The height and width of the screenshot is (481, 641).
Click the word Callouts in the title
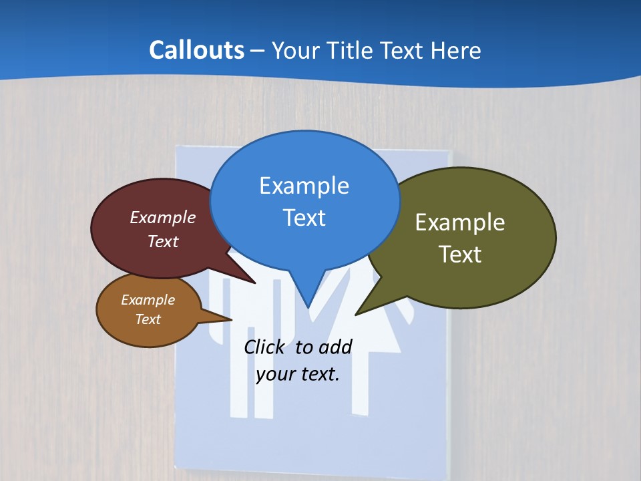coord(196,50)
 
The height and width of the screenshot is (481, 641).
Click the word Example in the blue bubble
coord(304,186)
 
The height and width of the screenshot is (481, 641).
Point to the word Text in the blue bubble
coord(304,218)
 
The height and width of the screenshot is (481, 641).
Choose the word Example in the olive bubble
coord(460,222)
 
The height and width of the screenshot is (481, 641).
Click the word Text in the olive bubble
coord(460,255)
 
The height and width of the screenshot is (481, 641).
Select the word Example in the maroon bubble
coord(163,218)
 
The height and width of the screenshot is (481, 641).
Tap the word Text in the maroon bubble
coord(163,242)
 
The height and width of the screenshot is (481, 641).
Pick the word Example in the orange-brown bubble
coord(148,300)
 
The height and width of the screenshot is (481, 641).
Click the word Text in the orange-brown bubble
coord(148,319)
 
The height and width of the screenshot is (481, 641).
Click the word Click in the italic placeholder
coord(265,347)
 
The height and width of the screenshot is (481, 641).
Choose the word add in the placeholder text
coord(335,347)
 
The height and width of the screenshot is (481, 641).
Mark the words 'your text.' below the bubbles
coord(298,374)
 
